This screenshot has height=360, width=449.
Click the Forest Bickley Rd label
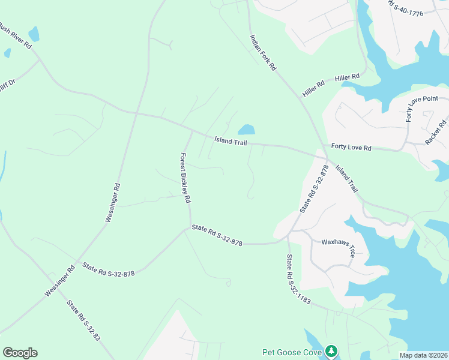point(185,177)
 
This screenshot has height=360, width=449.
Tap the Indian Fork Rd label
point(262,53)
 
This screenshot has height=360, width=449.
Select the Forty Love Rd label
point(351,147)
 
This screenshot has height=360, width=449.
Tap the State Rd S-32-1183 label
point(298,279)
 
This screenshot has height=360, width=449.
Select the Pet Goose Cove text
point(292,352)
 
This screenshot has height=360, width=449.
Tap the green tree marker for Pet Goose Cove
point(331,351)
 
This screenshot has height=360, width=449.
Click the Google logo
point(20,353)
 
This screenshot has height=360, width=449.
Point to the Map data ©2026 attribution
point(423,355)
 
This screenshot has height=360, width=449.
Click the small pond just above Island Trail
point(246,130)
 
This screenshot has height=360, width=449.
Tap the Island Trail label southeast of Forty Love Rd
point(346,178)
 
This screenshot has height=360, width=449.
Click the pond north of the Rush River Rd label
point(34,34)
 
